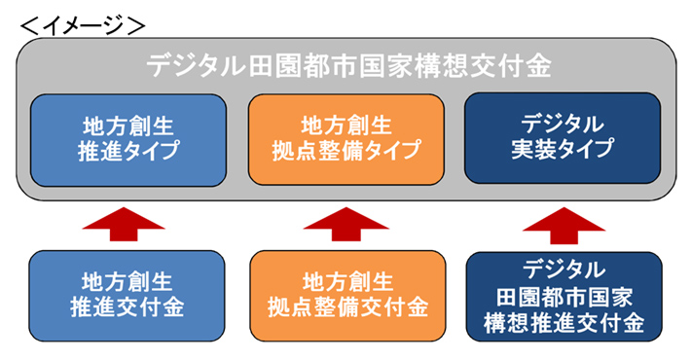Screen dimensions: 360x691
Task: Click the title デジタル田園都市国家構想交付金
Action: pos(348,65)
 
